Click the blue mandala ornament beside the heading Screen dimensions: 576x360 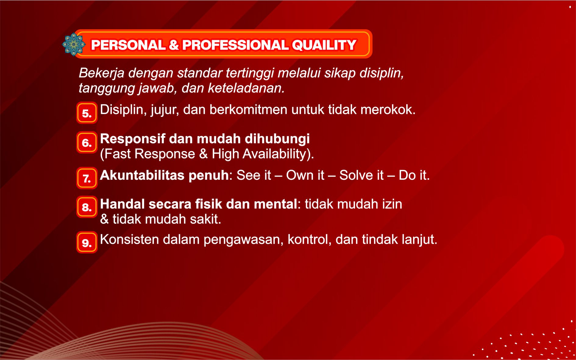point(73,44)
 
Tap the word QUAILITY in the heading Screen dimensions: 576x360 point(324,45)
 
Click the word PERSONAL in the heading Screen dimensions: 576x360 point(128,45)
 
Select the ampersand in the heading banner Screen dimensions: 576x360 point(174,45)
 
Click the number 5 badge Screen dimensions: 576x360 point(87,113)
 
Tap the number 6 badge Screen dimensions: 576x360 point(87,142)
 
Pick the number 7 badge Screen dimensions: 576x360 point(87,178)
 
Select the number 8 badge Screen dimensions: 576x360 point(87,207)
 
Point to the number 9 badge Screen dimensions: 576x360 point(87,242)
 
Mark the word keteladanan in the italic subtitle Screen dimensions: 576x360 point(246,88)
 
